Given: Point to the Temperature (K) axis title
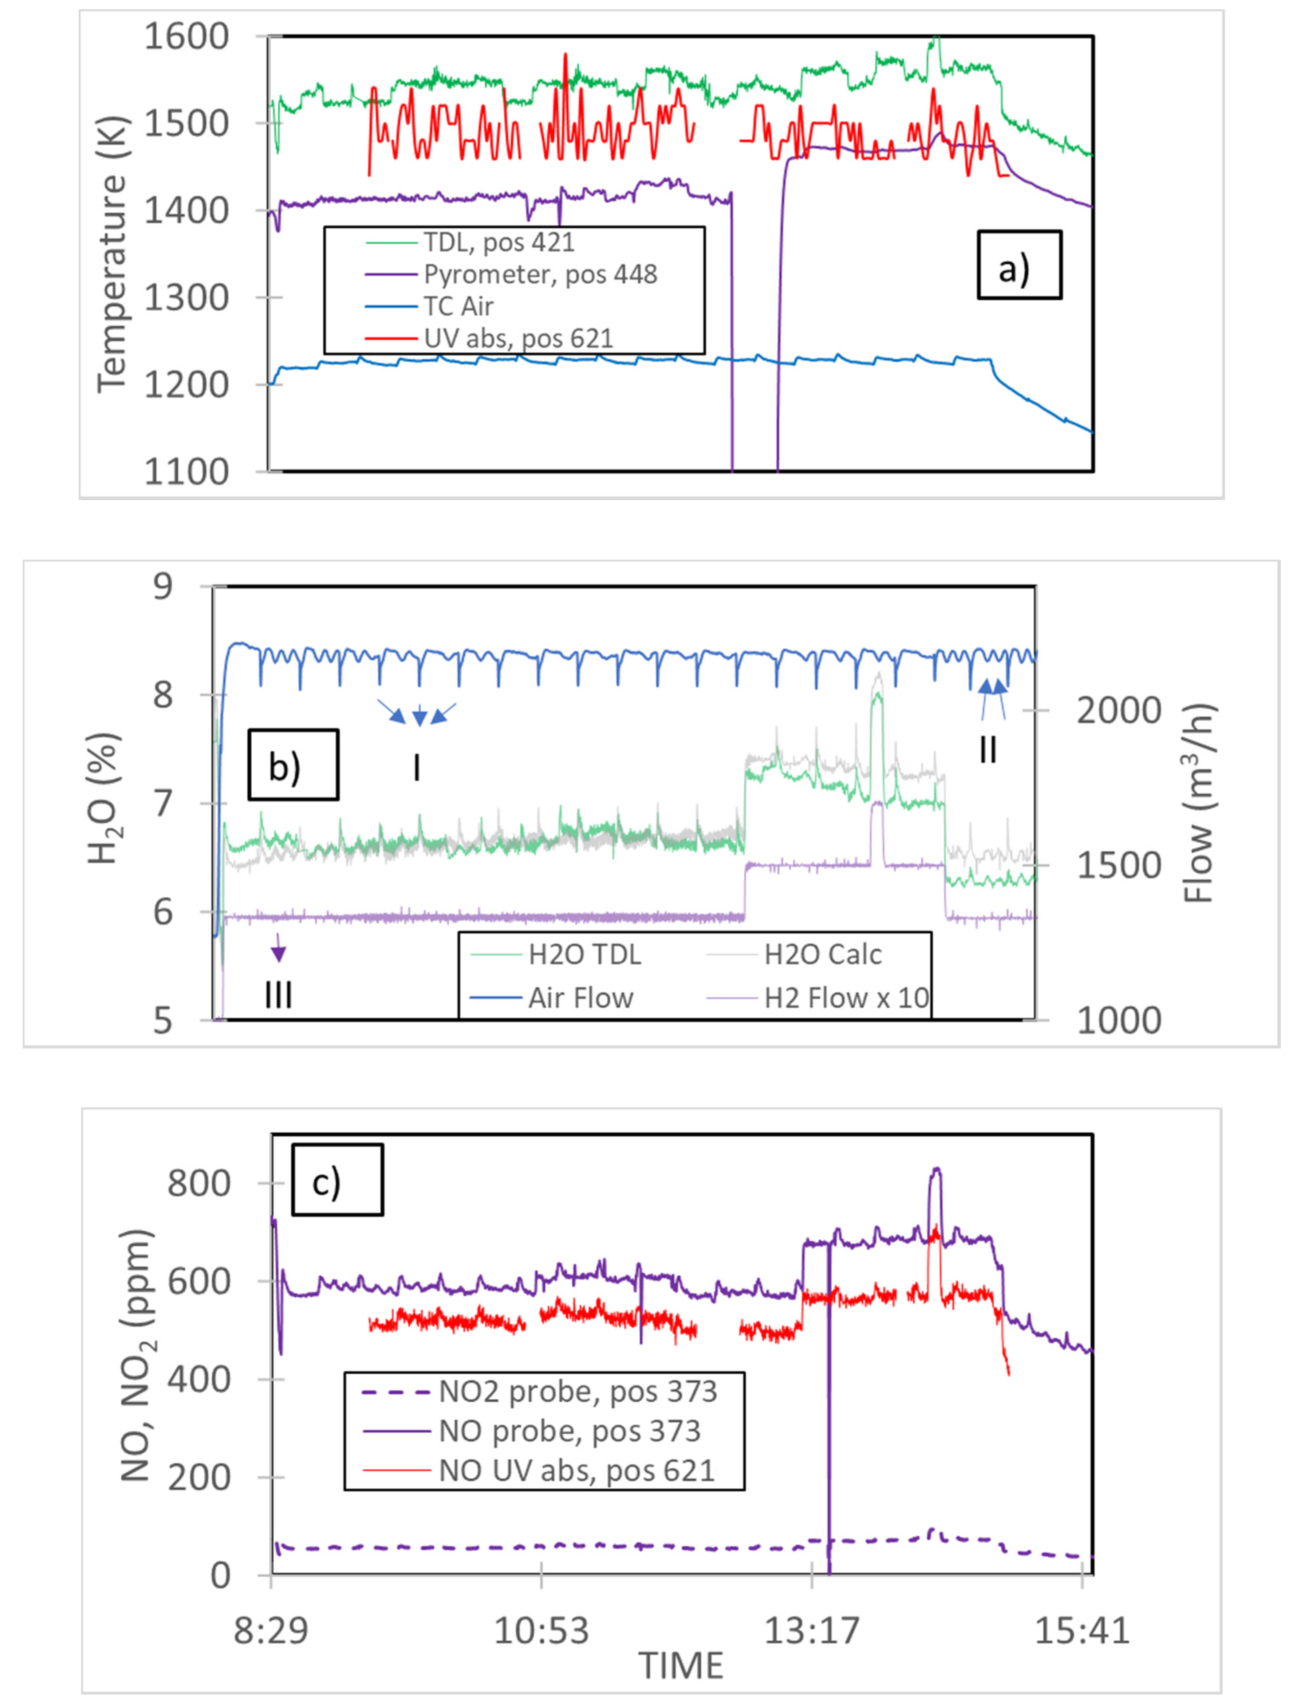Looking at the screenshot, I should click(112, 254).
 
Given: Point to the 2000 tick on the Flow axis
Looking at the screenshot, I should click(1118, 710).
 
